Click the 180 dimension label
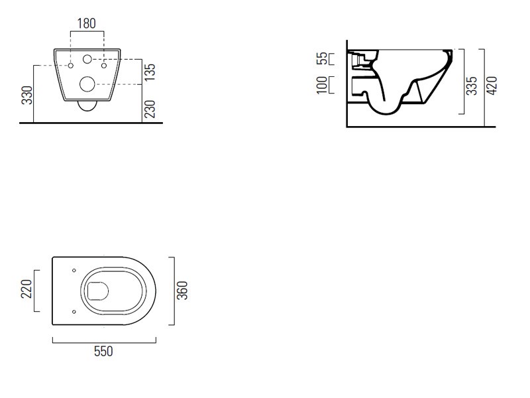pyautogui.click(x=87, y=24)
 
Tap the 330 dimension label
pyautogui.click(x=27, y=95)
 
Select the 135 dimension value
pyautogui.click(x=149, y=72)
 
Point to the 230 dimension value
pyautogui.click(x=149, y=109)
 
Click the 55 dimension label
pyautogui.click(x=323, y=58)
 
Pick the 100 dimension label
pyautogui.click(x=322, y=85)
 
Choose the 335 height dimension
pyautogui.click(x=472, y=86)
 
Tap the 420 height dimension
pyautogui.click(x=492, y=86)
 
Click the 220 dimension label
pyautogui.click(x=26, y=289)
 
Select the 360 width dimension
pyautogui.click(x=182, y=291)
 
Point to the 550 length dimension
pyautogui.click(x=103, y=352)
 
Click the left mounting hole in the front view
pyautogui.click(x=71, y=65)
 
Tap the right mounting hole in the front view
pyautogui.click(x=104, y=65)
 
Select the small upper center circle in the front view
pyautogui.click(x=87, y=59)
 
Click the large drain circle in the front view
pyautogui.click(x=87, y=84)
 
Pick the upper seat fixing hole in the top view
pyautogui.click(x=74, y=271)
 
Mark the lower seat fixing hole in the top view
pyautogui.click(x=74, y=312)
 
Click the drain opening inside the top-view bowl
pyautogui.click(x=97, y=291)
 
